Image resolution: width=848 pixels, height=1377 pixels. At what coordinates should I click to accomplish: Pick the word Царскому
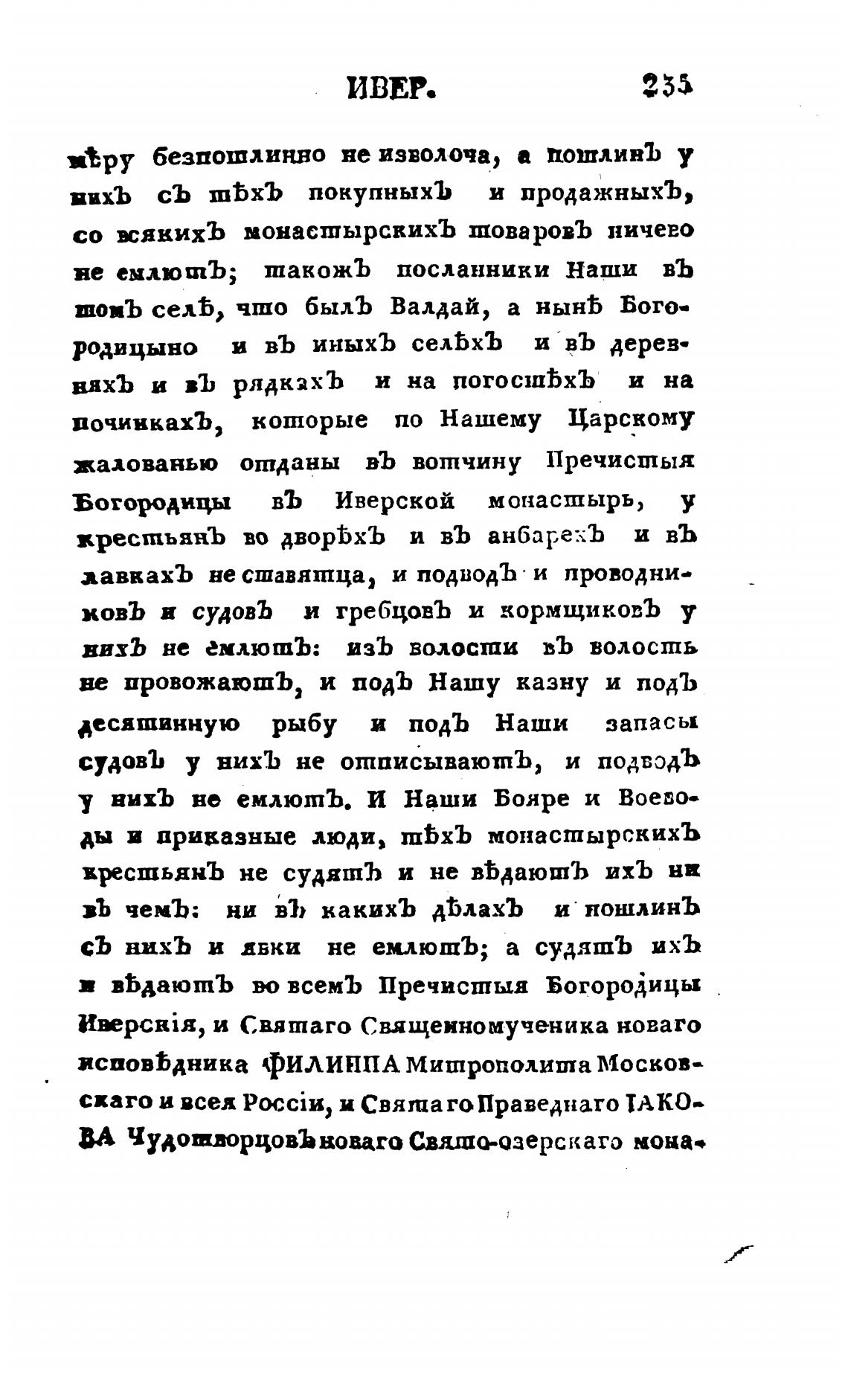(630, 420)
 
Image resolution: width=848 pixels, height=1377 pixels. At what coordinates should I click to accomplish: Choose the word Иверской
(395, 500)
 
